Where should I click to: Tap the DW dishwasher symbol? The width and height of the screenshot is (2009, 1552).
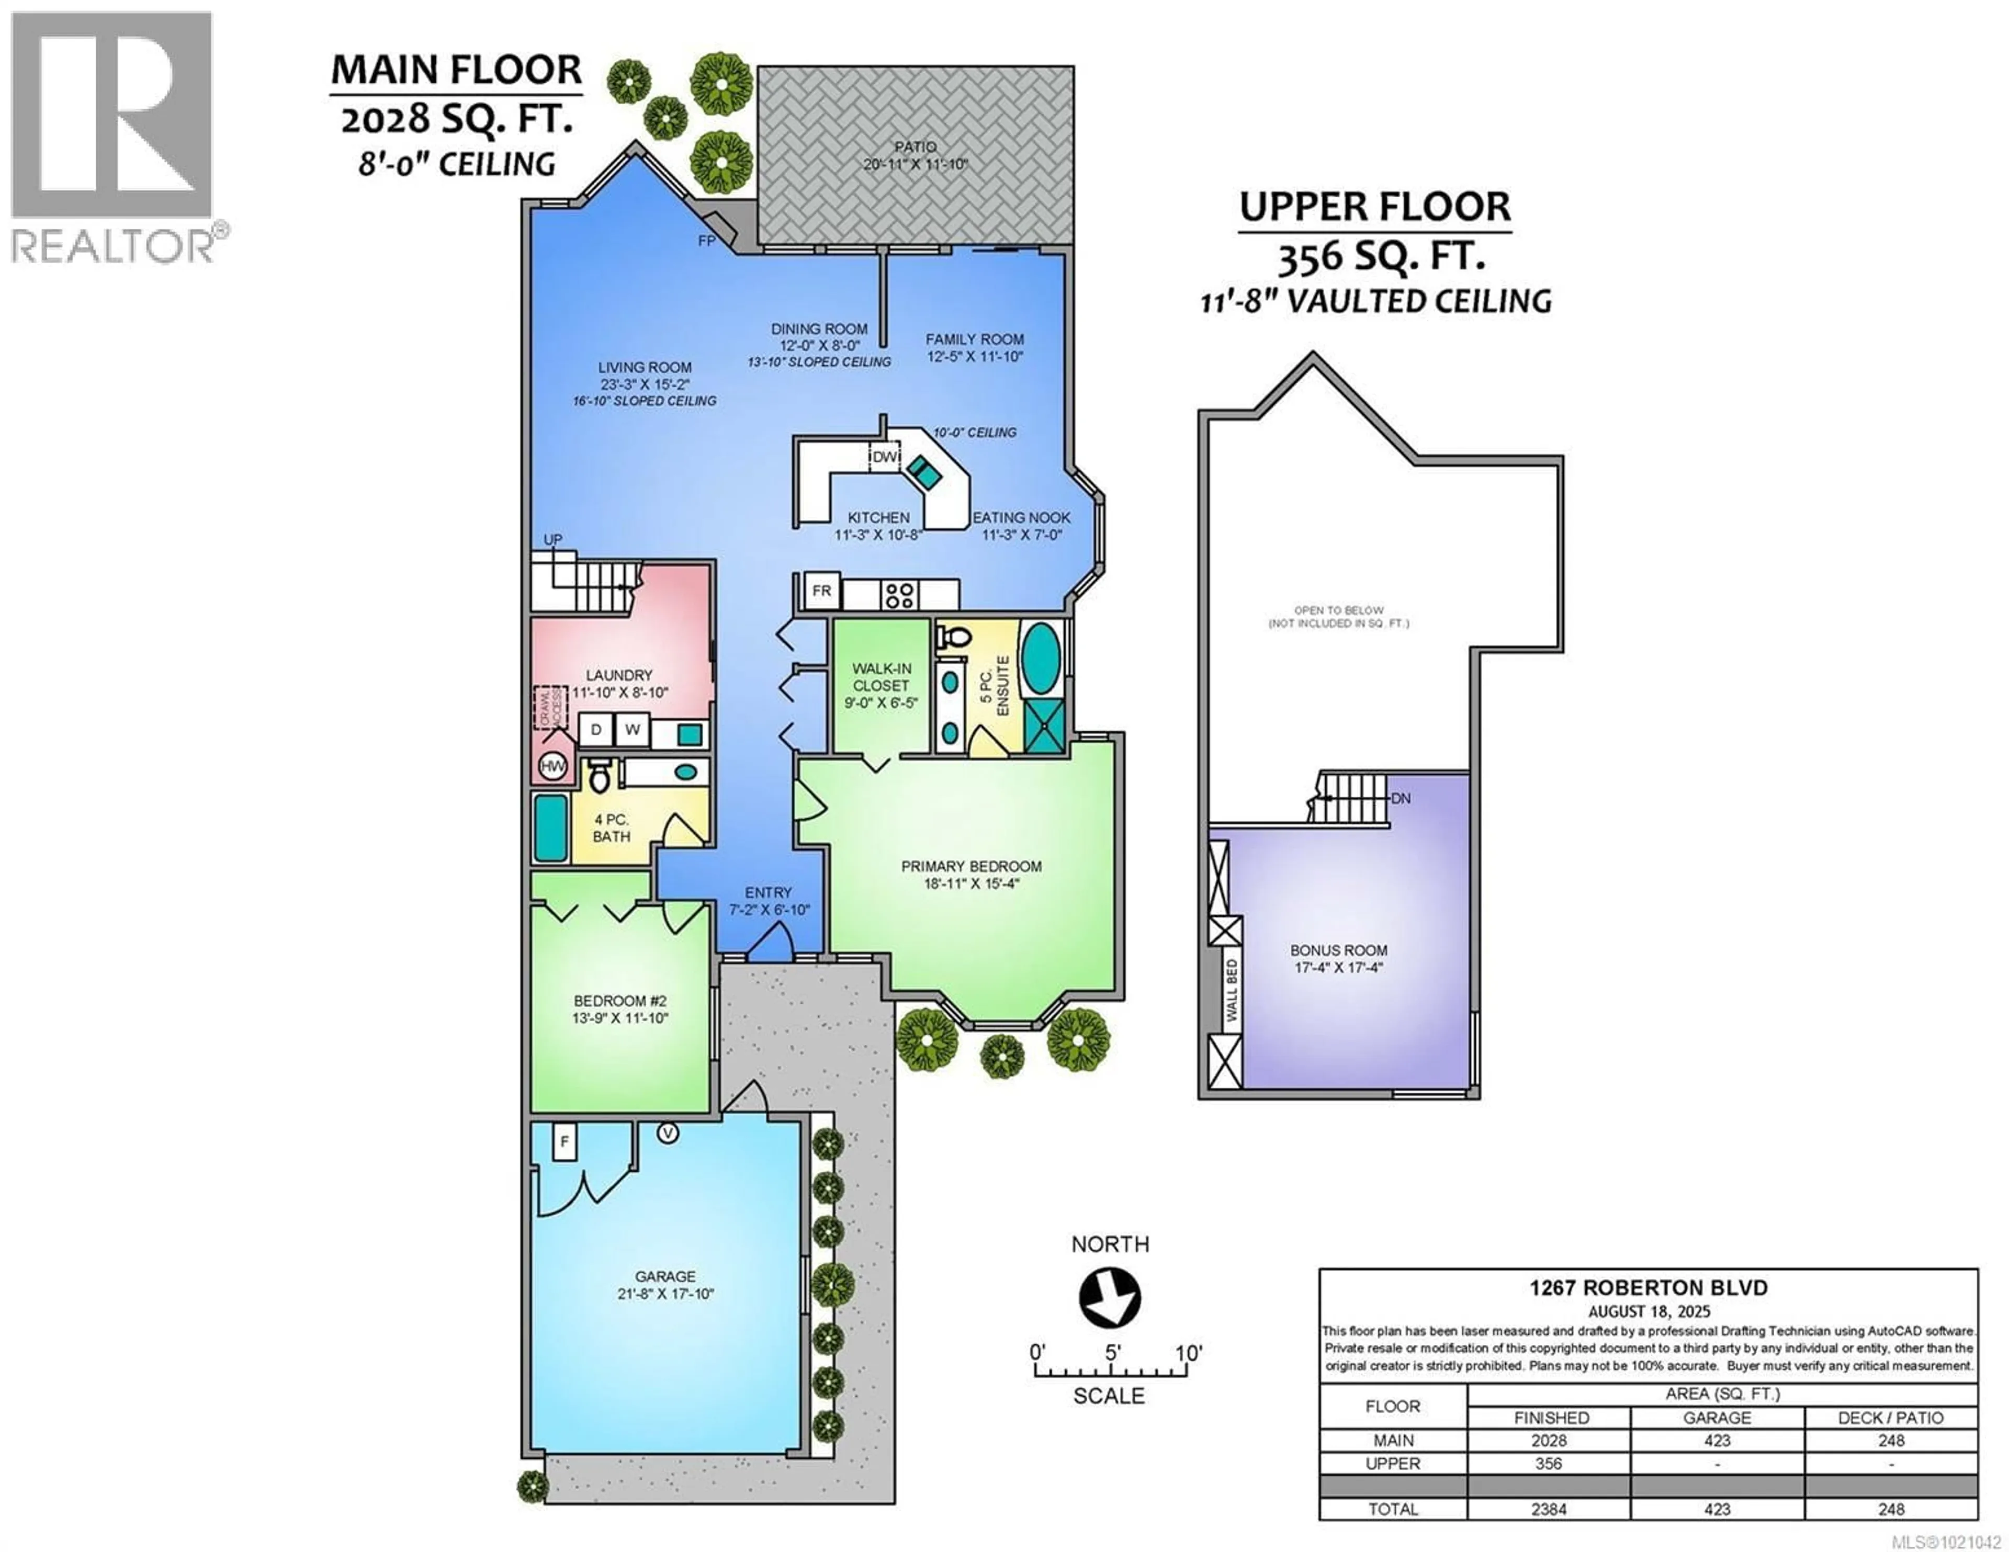884,457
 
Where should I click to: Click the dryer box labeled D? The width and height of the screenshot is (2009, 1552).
596,730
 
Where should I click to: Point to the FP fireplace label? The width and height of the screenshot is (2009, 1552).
706,241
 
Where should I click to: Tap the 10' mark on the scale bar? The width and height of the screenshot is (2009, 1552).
1188,1353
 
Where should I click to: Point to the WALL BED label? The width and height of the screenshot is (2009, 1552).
1231,990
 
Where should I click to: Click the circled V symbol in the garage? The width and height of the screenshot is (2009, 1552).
668,1134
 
